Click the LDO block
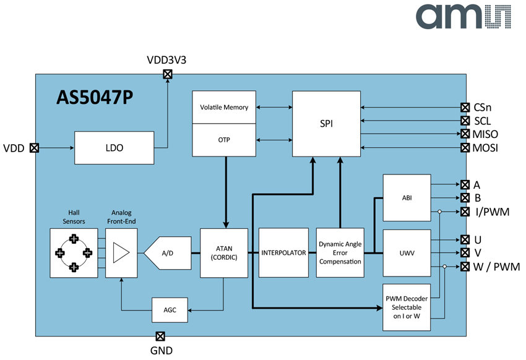(114, 148)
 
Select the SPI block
(326, 124)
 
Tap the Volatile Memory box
(224, 107)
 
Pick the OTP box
(224, 140)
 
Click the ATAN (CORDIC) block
(224, 253)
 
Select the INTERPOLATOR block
(284, 253)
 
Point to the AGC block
(170, 310)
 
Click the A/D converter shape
(168, 253)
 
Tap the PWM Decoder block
(407, 307)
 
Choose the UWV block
(407, 253)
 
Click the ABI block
(407, 198)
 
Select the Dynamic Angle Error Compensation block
(340, 253)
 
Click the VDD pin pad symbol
(34, 148)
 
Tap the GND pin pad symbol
(160, 336)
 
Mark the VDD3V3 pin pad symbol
(168, 74)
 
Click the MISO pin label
(485, 134)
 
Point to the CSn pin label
(483, 107)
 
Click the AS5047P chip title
(95, 98)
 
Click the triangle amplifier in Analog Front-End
(121, 253)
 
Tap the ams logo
(463, 17)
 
